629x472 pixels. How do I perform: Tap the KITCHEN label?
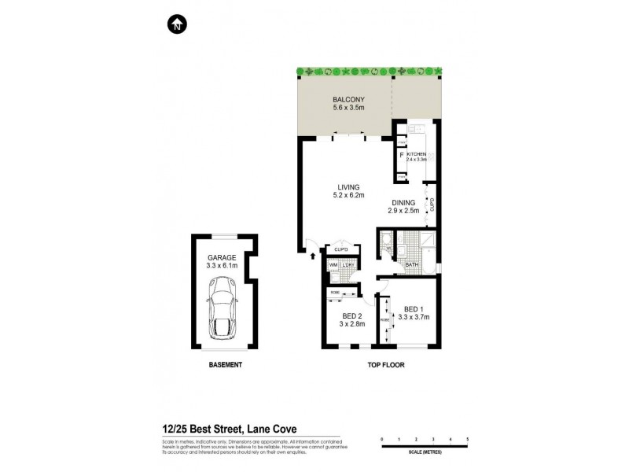(x=416, y=153)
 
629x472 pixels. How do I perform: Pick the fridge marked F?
(x=402, y=155)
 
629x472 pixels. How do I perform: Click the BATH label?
(x=411, y=266)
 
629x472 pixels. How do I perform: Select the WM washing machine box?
(x=333, y=265)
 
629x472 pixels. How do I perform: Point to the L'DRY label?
(x=348, y=265)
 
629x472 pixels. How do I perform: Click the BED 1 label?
(x=414, y=308)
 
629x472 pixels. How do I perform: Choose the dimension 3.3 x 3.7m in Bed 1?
(x=414, y=317)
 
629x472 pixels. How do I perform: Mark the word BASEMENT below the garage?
(x=224, y=366)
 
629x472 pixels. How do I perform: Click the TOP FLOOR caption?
(x=385, y=366)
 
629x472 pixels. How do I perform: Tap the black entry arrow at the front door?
(x=314, y=254)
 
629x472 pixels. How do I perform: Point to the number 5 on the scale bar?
(x=467, y=438)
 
